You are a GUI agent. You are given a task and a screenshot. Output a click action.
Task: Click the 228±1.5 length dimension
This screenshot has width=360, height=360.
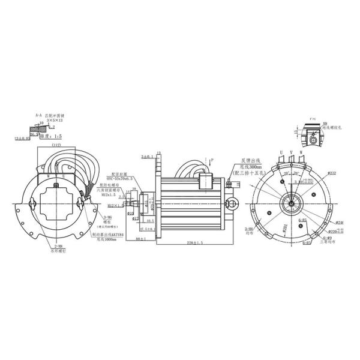click(x=190, y=243)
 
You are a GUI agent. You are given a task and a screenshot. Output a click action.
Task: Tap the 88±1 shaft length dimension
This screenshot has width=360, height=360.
click(x=141, y=239)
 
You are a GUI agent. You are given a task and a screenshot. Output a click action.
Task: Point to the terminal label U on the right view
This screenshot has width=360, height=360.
click(x=281, y=152)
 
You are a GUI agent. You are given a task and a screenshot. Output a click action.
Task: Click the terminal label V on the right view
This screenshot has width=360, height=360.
click(x=292, y=152)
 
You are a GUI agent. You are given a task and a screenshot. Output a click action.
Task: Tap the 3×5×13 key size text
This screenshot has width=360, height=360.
click(x=55, y=121)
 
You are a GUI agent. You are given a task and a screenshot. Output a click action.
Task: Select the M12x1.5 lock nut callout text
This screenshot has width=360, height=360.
click(x=113, y=194)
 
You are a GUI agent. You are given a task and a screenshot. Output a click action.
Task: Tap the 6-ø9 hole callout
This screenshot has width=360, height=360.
click(x=329, y=238)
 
